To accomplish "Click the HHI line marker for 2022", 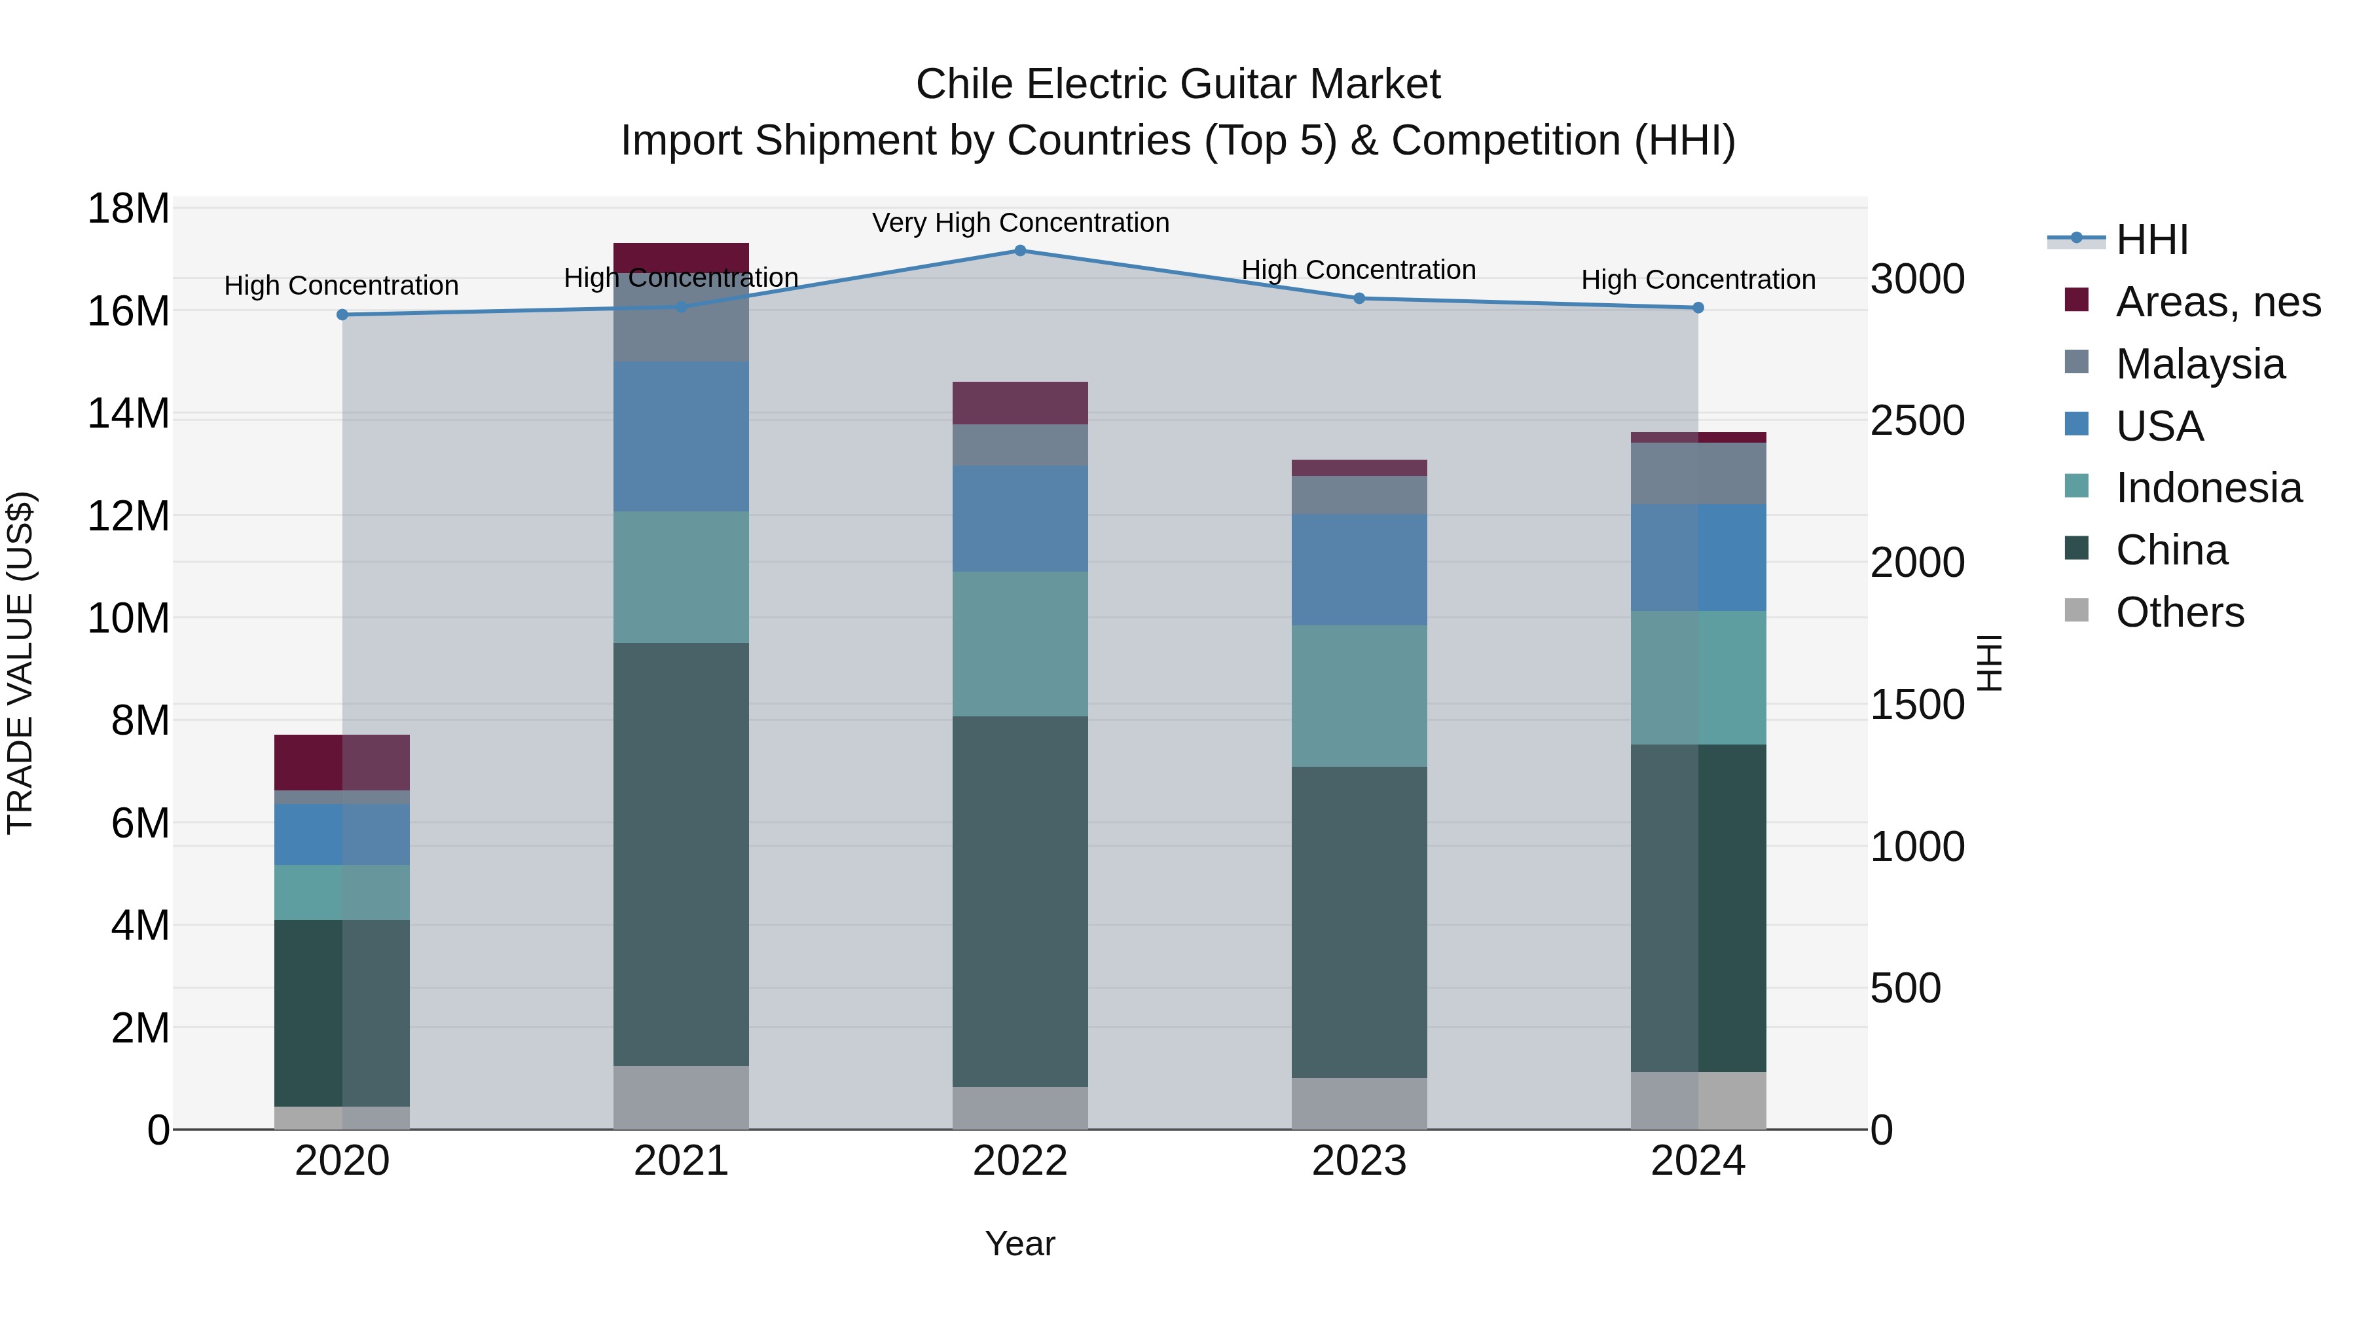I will point(1020,251).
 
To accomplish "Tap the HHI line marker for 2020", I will point(342,315).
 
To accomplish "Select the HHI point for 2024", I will point(1698,308).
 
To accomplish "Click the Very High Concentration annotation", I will point(1020,223).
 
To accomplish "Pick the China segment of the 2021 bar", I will point(681,854).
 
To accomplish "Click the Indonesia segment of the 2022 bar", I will point(1020,644).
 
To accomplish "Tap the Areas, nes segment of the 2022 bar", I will point(1020,403).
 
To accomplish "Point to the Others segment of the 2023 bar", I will point(1359,1103).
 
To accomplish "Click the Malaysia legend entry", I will point(2200,364).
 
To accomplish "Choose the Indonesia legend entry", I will point(2208,488).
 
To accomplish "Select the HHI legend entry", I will point(2151,240).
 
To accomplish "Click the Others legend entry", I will point(2180,612).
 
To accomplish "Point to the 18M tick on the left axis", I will point(128,209).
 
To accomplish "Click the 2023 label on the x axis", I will point(1359,1161).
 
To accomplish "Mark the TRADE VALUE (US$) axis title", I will point(20,663).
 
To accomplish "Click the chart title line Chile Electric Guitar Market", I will point(1178,84).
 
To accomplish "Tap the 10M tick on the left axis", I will point(128,619).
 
